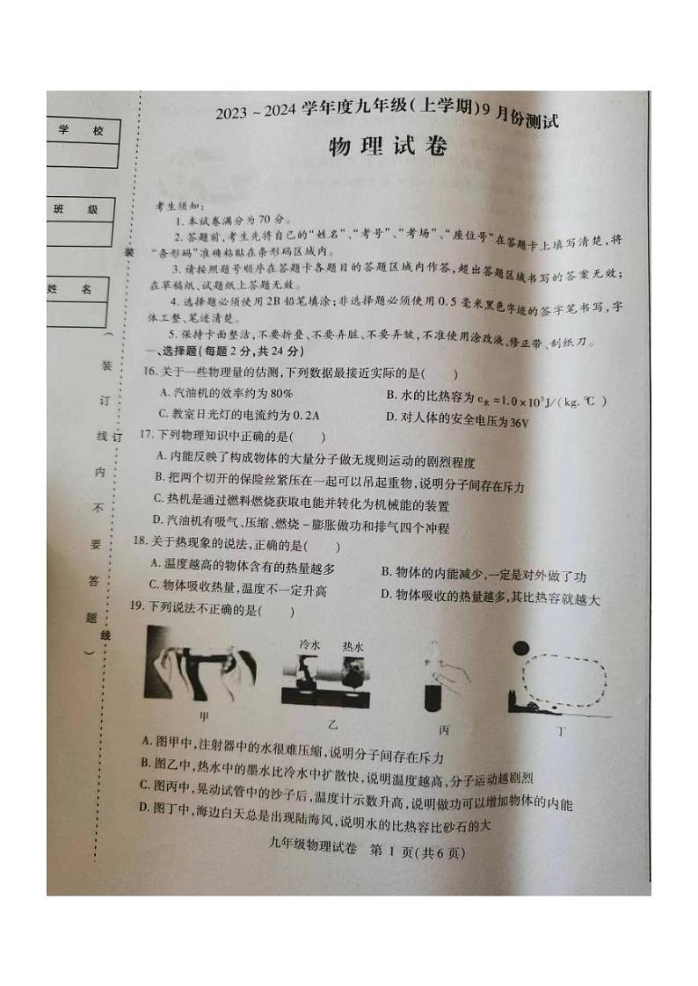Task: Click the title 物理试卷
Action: tap(387, 147)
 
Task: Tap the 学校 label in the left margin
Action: tap(81, 131)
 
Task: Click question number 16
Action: tap(155, 374)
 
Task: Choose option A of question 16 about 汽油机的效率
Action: tap(225, 393)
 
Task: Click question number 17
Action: tap(148, 435)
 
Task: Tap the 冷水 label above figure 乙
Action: tap(309, 645)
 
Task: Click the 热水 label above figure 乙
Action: tap(353, 645)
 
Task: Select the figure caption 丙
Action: tap(444, 729)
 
